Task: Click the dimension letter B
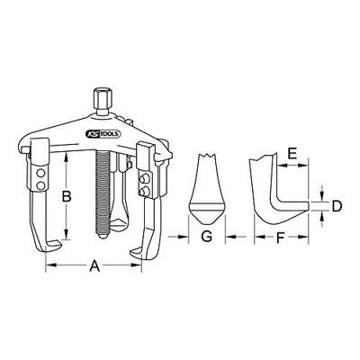(x=65, y=193)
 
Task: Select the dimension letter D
(x=336, y=206)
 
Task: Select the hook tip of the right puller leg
(x=137, y=247)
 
